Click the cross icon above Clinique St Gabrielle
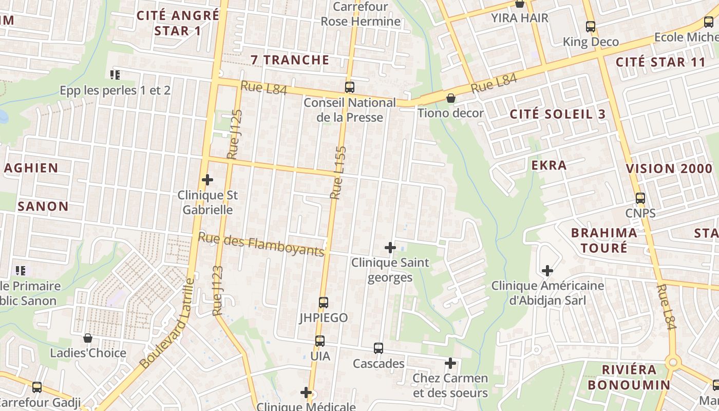tap(207, 180)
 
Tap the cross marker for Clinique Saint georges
tap(390, 248)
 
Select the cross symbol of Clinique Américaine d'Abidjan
tap(547, 270)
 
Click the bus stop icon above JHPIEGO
tap(324, 303)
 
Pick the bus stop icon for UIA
tap(320, 341)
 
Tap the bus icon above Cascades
tap(379, 348)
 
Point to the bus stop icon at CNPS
tap(640, 198)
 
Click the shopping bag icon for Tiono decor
tap(451, 98)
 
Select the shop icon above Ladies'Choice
tap(88, 338)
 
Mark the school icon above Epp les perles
tap(115, 75)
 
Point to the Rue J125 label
tap(235, 134)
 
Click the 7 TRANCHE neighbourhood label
tap(290, 60)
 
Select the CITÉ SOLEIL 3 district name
tap(558, 114)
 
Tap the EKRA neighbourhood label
tap(549, 165)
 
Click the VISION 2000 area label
tap(669, 169)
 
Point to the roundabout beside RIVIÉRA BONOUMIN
tap(673, 363)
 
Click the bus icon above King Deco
tap(591, 26)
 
